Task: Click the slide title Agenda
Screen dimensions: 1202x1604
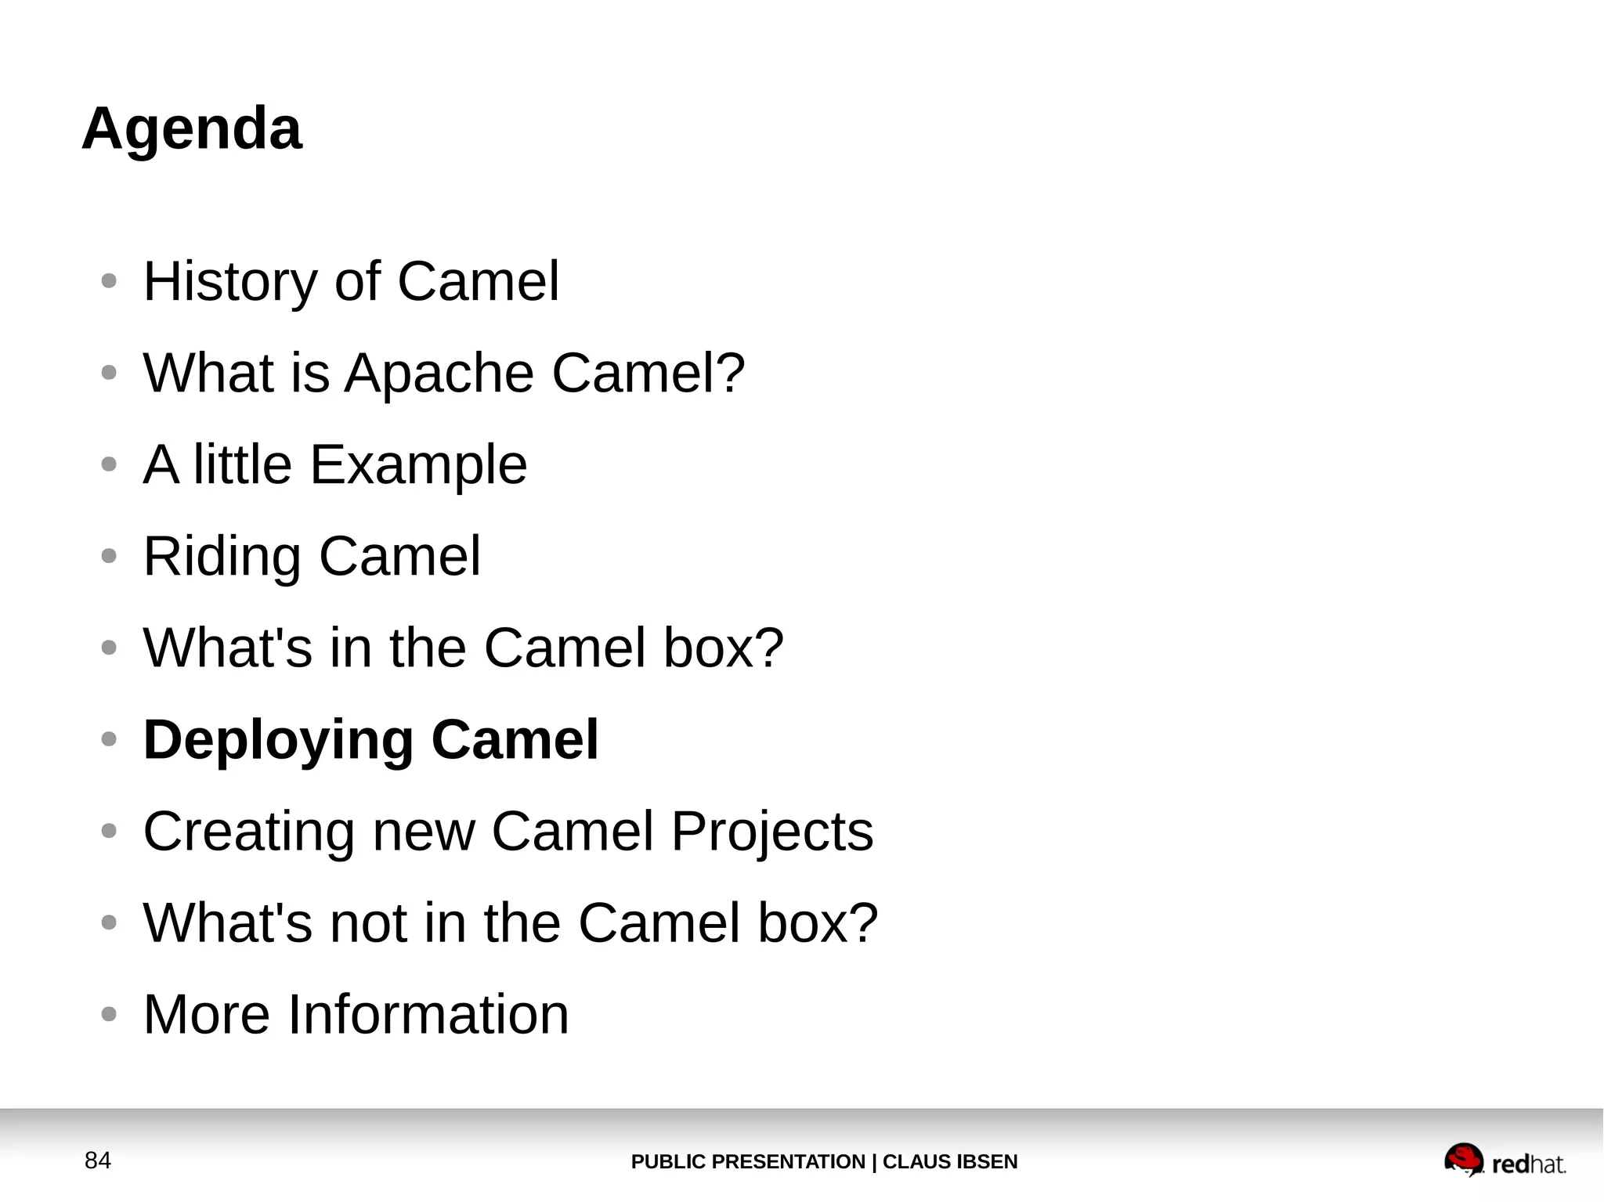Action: [191, 129]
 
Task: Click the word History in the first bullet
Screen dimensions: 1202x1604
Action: [229, 282]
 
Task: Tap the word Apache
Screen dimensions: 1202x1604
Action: [439, 373]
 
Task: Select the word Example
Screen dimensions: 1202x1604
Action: [418, 465]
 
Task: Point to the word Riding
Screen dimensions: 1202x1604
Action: [222, 557]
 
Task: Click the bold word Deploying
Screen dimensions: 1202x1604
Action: [278, 740]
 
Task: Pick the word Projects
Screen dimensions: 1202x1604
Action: [771, 832]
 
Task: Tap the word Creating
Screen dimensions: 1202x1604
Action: [248, 832]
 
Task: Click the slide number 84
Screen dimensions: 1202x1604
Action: [98, 1160]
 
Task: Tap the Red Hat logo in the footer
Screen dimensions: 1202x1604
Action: [1505, 1160]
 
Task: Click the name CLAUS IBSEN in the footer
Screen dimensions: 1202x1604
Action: [950, 1162]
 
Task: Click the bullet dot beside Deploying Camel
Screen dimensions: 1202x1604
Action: [109, 738]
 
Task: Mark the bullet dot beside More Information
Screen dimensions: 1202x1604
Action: [109, 1014]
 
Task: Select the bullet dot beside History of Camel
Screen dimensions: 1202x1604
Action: [109, 280]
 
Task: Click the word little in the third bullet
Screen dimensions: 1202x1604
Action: [243, 465]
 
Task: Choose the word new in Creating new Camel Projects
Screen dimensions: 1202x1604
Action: [424, 832]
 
